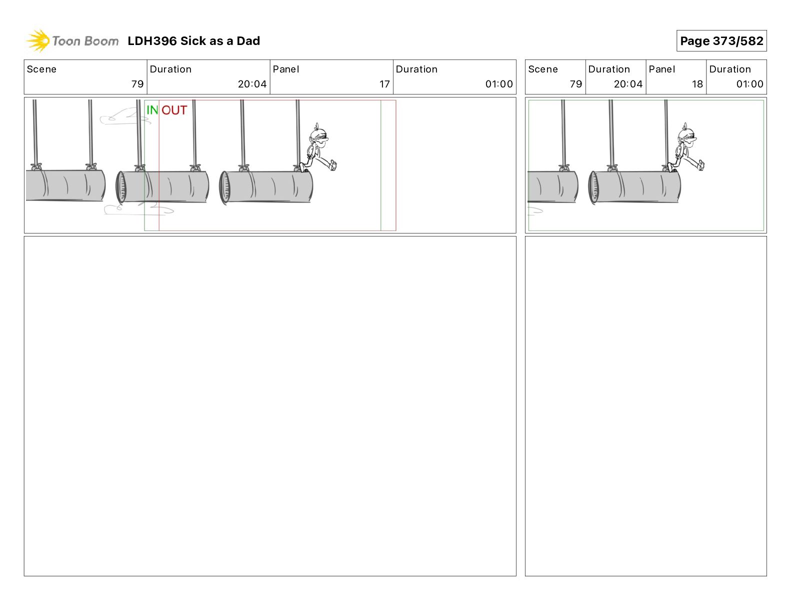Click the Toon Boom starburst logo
38,40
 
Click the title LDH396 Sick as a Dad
193,41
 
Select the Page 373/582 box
721,41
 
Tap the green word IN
152,109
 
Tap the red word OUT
174,109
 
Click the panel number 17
384,84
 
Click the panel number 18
697,84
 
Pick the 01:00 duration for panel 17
499,84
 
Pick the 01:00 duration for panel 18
749,84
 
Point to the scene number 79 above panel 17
137,84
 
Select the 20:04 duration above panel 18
628,84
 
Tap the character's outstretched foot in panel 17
332,165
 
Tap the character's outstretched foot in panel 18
700,165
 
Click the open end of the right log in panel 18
593,187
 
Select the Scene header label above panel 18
542,69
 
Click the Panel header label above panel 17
285,69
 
